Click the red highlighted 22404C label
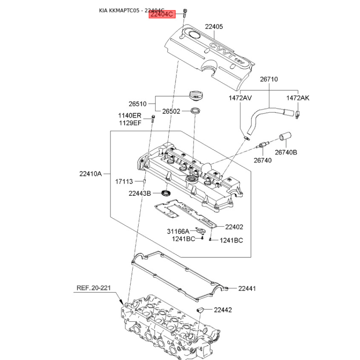(162, 14)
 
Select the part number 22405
(214, 27)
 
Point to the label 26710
(269, 79)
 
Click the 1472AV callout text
(240, 98)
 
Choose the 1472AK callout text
(297, 98)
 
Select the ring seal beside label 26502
(195, 110)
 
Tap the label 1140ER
(130, 115)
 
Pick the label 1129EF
(130, 123)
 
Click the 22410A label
(90, 174)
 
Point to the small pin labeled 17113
(144, 181)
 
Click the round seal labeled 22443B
(166, 193)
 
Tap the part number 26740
(262, 160)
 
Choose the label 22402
(234, 227)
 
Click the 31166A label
(178, 231)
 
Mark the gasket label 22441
(247, 288)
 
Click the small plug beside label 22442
(200, 310)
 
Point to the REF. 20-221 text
(94, 288)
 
